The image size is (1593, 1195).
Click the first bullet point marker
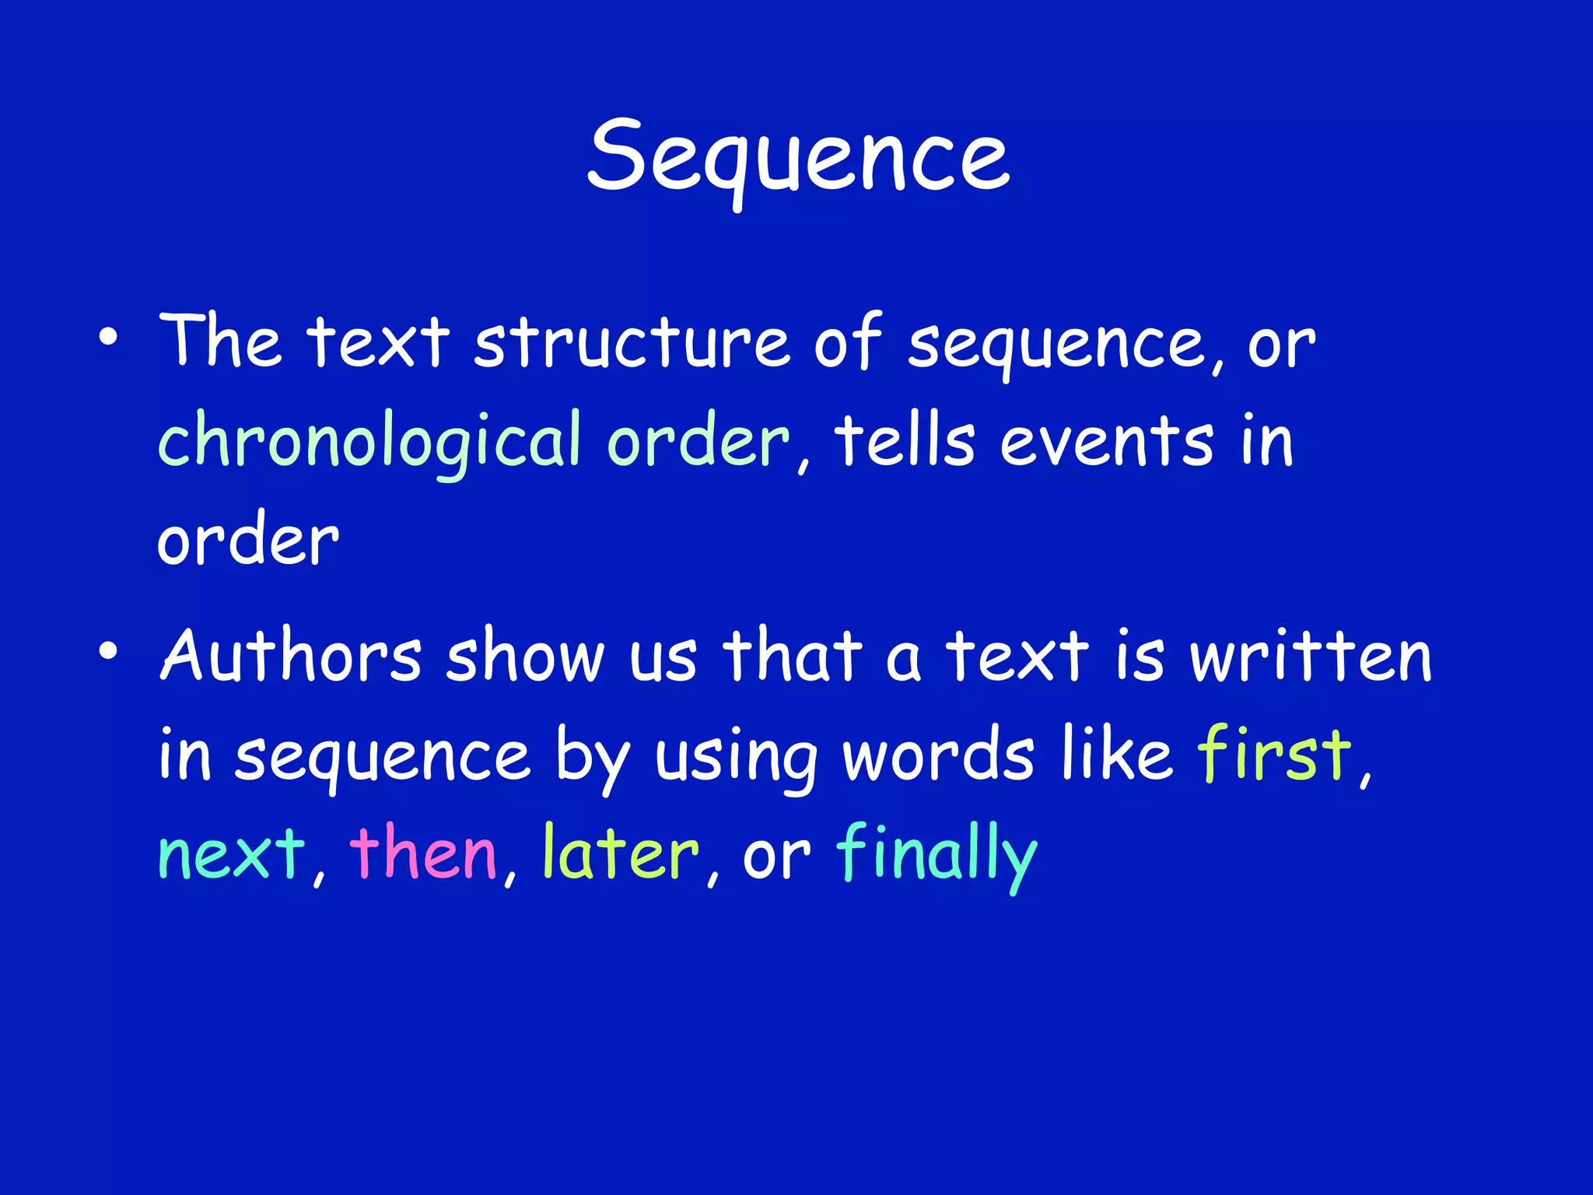(108, 338)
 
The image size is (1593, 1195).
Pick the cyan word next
(232, 854)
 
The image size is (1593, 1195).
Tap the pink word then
(423, 853)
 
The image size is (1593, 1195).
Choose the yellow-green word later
(621, 853)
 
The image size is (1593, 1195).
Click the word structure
(632, 342)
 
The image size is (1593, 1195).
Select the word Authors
(291, 655)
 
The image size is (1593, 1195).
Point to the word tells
(904, 440)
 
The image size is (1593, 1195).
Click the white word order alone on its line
(247, 540)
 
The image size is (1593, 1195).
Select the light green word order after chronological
(698, 440)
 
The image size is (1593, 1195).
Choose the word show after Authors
(524, 655)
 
